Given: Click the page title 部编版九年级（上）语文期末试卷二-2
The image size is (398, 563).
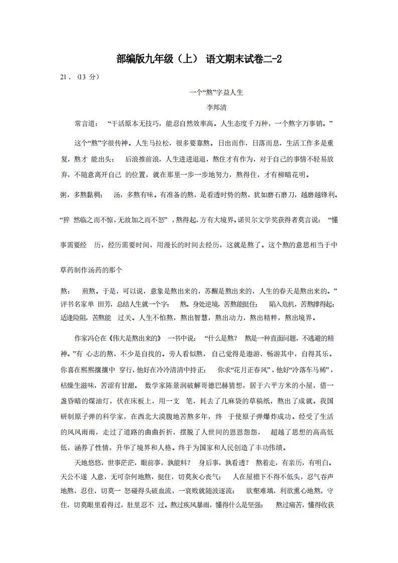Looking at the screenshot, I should point(199,59).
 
